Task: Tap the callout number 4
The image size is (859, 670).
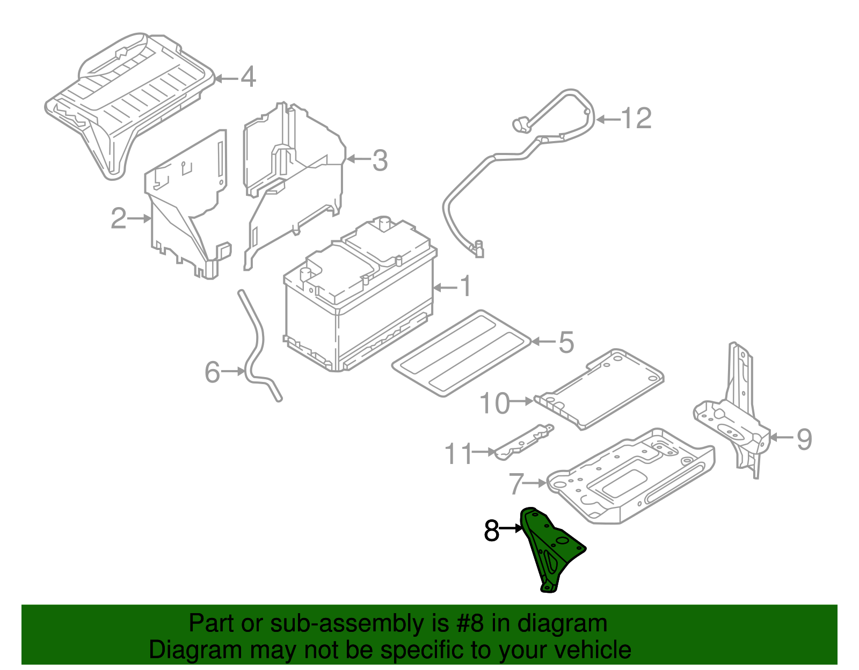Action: (247, 78)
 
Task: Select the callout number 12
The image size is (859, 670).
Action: (636, 119)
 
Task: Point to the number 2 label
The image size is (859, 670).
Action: (119, 218)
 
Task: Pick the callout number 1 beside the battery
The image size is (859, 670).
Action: (465, 287)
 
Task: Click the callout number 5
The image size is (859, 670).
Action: (566, 342)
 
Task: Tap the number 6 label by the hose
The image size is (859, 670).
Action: (213, 372)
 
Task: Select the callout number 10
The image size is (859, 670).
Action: (494, 403)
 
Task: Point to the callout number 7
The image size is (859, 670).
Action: (516, 484)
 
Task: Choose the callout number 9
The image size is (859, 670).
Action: (804, 439)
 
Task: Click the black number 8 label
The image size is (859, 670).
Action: (491, 531)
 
